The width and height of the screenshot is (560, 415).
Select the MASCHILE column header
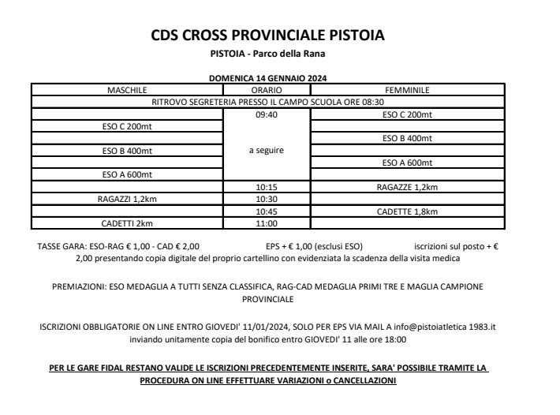point(127,91)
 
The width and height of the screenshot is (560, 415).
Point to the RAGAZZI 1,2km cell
point(127,200)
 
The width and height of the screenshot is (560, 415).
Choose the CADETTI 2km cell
point(127,223)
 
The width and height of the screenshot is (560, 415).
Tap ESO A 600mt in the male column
point(127,174)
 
